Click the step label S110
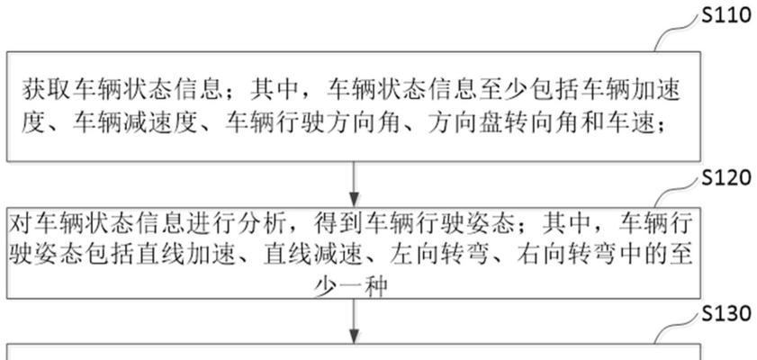(x=726, y=17)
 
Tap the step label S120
(x=726, y=179)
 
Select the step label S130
(x=726, y=315)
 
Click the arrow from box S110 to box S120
(x=355, y=184)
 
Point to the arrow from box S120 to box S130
(x=355, y=321)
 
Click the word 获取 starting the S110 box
(x=47, y=91)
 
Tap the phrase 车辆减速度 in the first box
(x=136, y=124)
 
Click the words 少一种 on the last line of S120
(x=351, y=286)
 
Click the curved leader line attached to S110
(x=676, y=34)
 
